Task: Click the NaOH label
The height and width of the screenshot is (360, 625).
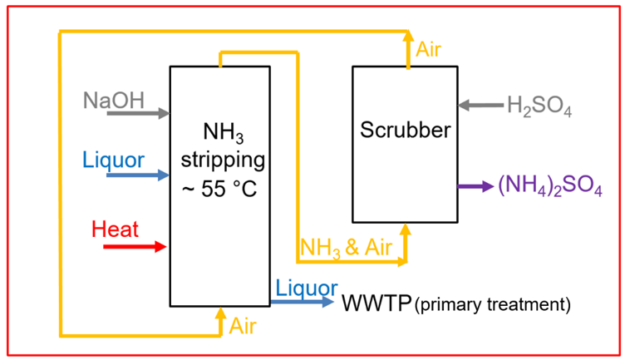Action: pos(114,101)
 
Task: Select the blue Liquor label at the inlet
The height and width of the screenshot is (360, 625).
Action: pos(114,158)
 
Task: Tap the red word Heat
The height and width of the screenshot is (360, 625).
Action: pos(115,229)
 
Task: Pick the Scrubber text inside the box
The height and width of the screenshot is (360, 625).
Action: pos(405,131)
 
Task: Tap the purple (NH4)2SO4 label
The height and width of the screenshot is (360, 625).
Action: pos(549,188)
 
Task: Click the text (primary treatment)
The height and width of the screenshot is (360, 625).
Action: pos(493,304)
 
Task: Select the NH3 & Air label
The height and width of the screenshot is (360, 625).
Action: pos(347,247)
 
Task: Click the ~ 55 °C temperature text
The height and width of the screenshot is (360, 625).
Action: pos(219,188)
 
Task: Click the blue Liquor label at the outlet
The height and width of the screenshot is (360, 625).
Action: pos(307,286)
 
